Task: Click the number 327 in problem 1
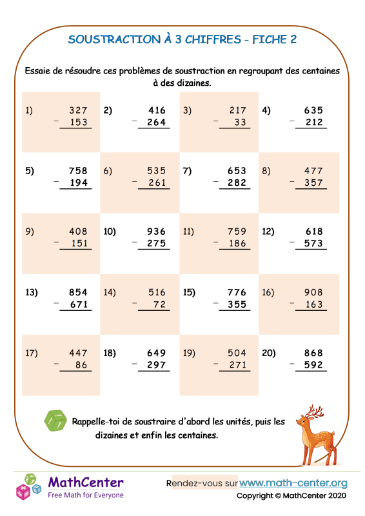pyautogui.click(x=77, y=110)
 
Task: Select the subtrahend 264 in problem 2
pyautogui.click(x=156, y=123)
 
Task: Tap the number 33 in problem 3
pyautogui.click(x=241, y=123)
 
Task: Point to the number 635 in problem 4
pyautogui.click(x=313, y=110)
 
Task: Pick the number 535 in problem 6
pyautogui.click(x=156, y=171)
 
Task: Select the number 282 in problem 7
pyautogui.click(x=237, y=183)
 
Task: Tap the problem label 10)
pyautogui.click(x=109, y=232)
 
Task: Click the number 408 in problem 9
pyautogui.click(x=77, y=232)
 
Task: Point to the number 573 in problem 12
pyautogui.click(x=313, y=244)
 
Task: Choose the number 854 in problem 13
pyautogui.click(x=77, y=292)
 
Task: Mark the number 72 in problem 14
pyautogui.click(x=160, y=304)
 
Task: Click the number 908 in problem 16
pyautogui.click(x=313, y=292)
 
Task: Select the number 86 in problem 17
pyautogui.click(x=81, y=365)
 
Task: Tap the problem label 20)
pyautogui.click(x=269, y=353)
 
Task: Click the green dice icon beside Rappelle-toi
pyautogui.click(x=55, y=421)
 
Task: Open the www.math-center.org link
pyautogui.click(x=293, y=482)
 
